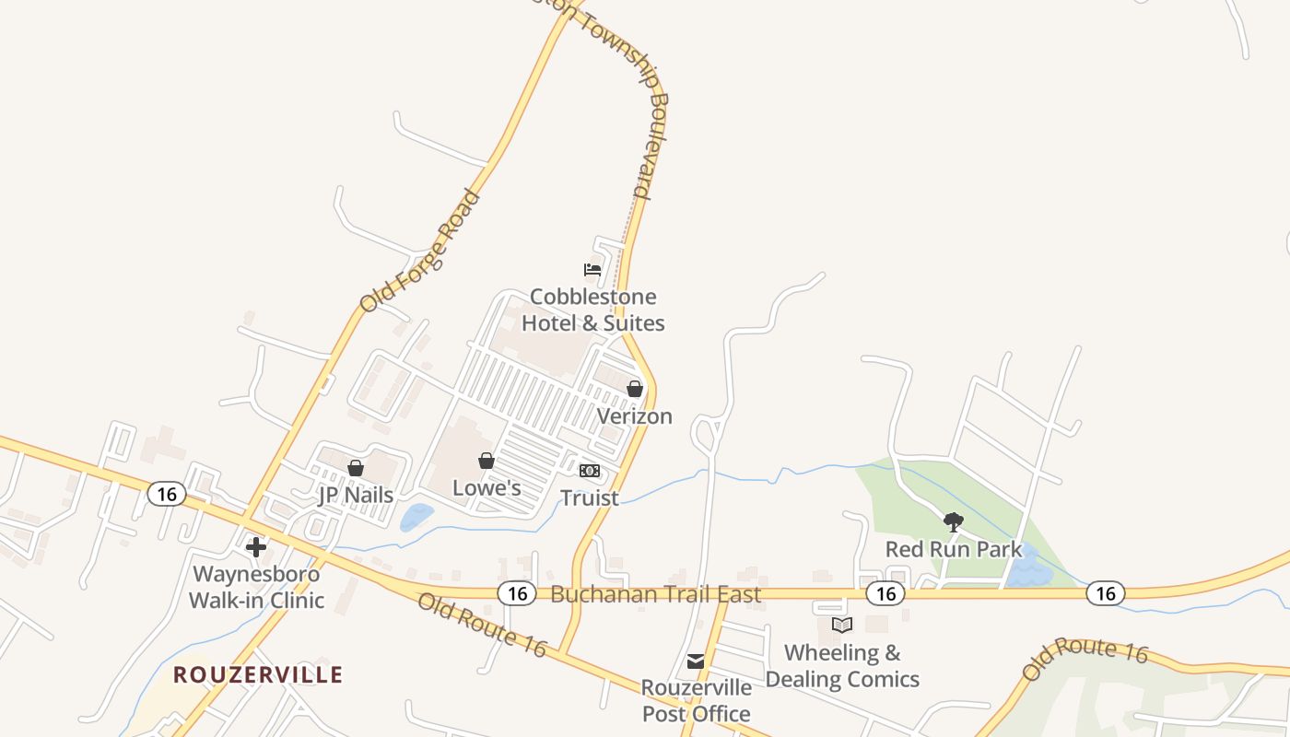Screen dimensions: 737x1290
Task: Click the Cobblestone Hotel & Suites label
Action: pyautogui.click(x=592, y=310)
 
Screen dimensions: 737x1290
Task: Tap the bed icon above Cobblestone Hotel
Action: pyautogui.click(x=592, y=270)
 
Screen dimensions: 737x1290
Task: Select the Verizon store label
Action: pyautogui.click(x=635, y=416)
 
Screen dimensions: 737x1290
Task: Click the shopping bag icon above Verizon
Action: pyautogui.click(x=635, y=389)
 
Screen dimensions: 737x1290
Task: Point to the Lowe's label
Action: pyautogui.click(x=487, y=488)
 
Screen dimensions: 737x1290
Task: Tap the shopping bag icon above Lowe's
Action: pyautogui.click(x=487, y=461)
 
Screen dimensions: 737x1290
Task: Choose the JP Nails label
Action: pyautogui.click(x=356, y=495)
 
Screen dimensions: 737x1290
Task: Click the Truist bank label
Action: pyautogui.click(x=590, y=498)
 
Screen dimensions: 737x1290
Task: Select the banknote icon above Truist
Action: pyautogui.click(x=590, y=471)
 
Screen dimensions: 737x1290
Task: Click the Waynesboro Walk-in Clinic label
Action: pyautogui.click(x=256, y=587)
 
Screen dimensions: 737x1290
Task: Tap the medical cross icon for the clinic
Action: pyautogui.click(x=256, y=547)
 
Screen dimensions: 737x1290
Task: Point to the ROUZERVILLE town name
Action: pyautogui.click(x=258, y=675)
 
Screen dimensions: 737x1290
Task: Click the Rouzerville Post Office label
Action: pyautogui.click(x=697, y=700)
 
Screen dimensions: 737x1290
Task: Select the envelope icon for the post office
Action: pyautogui.click(x=696, y=661)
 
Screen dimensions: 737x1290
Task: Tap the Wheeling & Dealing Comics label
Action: pyautogui.click(x=842, y=666)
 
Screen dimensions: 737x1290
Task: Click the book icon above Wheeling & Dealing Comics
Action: pyautogui.click(x=842, y=626)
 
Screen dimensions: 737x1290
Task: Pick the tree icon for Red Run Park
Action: pyautogui.click(x=954, y=522)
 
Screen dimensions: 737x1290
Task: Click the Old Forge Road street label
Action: pyautogui.click(x=420, y=251)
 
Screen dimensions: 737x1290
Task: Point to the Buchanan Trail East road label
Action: pyautogui.click(x=656, y=594)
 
